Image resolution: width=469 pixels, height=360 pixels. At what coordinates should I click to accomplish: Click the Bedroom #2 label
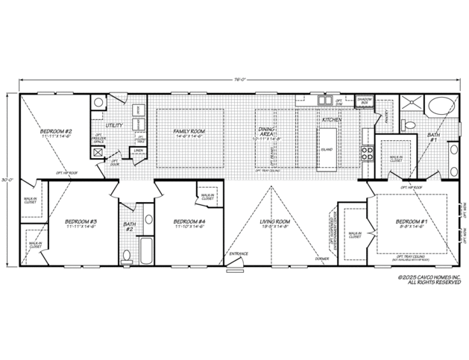pos(56,133)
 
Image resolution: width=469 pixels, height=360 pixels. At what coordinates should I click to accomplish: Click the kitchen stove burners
pos(367,153)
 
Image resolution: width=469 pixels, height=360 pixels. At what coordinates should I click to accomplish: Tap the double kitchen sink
pos(326,99)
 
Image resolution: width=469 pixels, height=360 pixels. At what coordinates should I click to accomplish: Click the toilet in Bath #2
pos(126,256)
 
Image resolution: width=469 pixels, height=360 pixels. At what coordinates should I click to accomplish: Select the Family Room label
pos(189,133)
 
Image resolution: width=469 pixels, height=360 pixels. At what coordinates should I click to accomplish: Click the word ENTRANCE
pos(239,254)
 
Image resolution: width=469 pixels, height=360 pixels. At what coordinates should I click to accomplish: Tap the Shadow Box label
pos(365,101)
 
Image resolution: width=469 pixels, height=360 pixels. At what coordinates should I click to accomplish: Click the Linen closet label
pos(139,151)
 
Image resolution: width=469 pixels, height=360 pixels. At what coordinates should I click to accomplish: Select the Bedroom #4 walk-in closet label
pos(206,198)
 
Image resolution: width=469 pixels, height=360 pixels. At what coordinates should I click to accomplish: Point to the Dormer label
pos(321,259)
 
